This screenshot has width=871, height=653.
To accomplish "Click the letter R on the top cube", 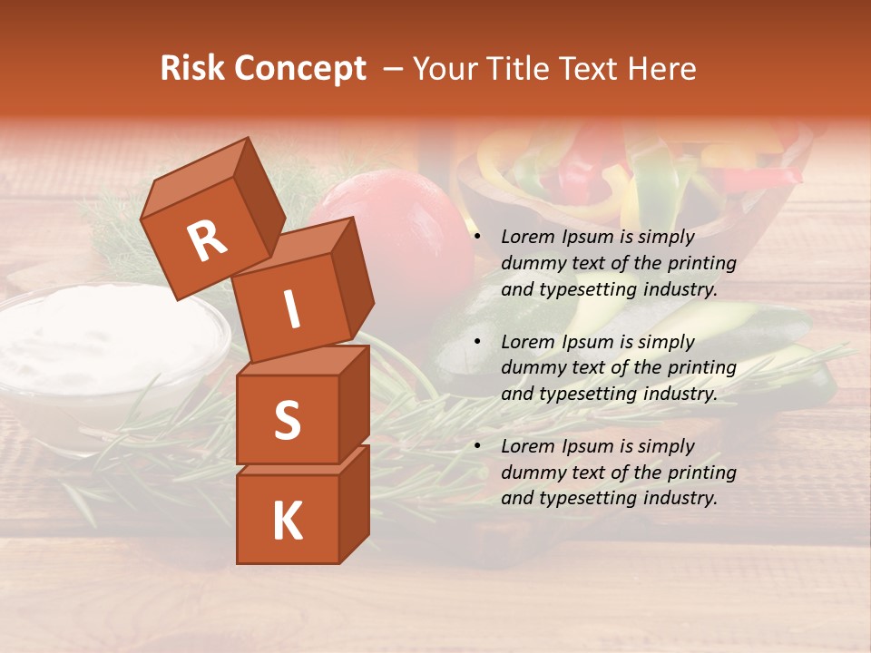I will click(207, 241).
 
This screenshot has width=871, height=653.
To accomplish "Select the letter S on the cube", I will click(287, 419).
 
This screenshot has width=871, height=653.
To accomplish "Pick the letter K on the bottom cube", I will click(287, 521).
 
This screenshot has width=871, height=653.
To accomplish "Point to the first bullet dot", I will click(478, 238).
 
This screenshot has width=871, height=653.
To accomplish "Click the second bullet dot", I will click(478, 343).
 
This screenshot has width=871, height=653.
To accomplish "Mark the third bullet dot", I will click(478, 447).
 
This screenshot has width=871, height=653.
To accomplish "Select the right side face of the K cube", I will click(354, 503).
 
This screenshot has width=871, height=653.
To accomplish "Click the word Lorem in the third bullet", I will click(529, 446).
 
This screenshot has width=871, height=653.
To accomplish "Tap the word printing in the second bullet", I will click(701, 368).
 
